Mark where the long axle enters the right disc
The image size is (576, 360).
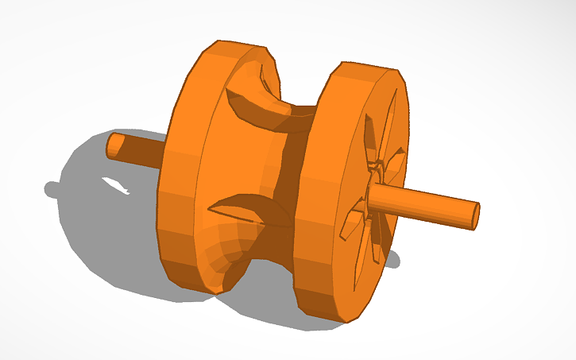(x=373, y=193)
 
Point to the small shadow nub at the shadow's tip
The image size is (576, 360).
(x=52, y=189)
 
